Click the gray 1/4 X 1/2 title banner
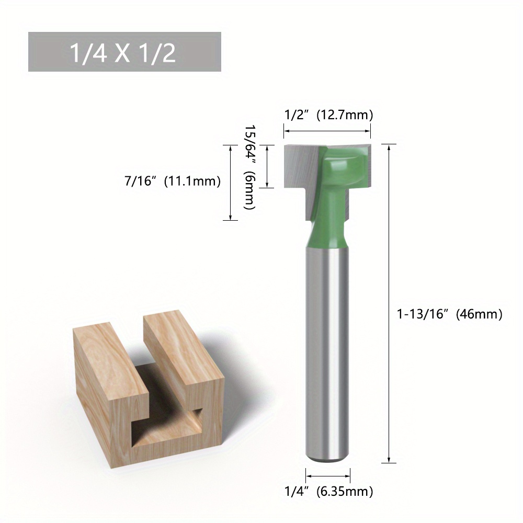pyautogui.click(x=124, y=52)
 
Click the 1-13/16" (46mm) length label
pyautogui.click(x=450, y=314)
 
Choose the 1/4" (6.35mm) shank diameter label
pyautogui.click(x=328, y=491)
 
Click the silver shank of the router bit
pyautogui.click(x=328, y=356)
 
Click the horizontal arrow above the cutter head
pyautogui.click(x=327, y=131)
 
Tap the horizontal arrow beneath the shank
pyautogui.click(x=328, y=476)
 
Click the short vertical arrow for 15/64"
pyautogui.click(x=267, y=166)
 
